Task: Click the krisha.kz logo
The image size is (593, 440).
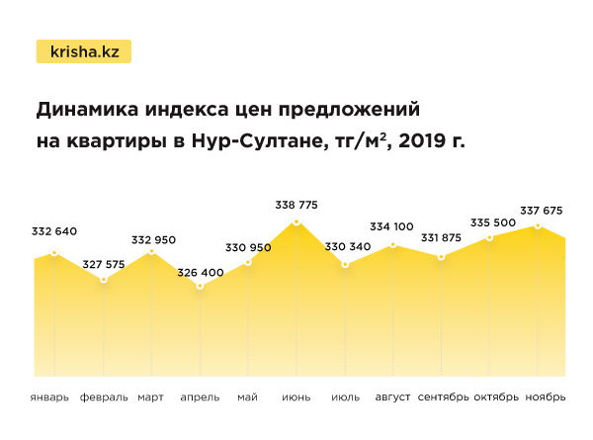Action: (83, 51)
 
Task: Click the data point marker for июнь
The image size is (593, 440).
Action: (296, 222)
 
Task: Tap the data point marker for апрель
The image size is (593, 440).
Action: (200, 286)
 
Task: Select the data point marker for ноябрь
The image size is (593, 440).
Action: (538, 225)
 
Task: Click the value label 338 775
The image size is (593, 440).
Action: (296, 205)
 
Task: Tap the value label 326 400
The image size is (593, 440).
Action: (200, 269)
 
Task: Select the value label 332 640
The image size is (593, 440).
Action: (54, 231)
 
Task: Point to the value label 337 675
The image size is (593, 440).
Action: (540, 209)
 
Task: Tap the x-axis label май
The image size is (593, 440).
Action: (247, 397)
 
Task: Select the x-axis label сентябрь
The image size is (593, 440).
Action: (443, 397)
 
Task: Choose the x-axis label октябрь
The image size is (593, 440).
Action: (495, 397)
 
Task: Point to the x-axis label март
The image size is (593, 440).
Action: (151, 397)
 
